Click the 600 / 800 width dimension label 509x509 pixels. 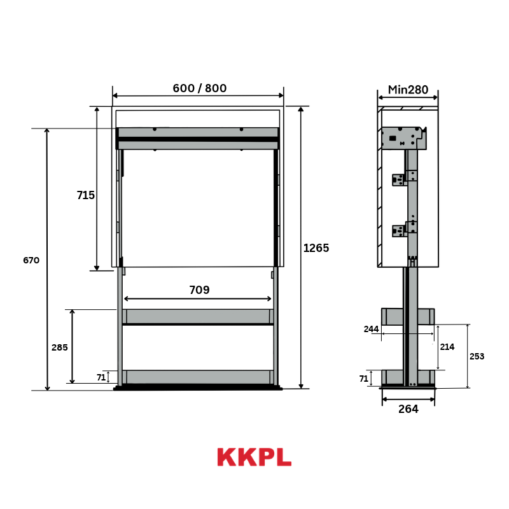199,88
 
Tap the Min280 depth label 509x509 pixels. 408,90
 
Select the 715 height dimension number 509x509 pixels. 86,195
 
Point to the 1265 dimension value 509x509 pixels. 316,248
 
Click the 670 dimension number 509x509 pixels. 31,260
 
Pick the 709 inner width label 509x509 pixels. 199,289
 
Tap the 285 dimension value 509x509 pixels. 60,347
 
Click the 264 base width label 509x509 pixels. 408,409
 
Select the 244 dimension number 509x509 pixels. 371,329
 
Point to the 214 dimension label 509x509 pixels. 447,347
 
